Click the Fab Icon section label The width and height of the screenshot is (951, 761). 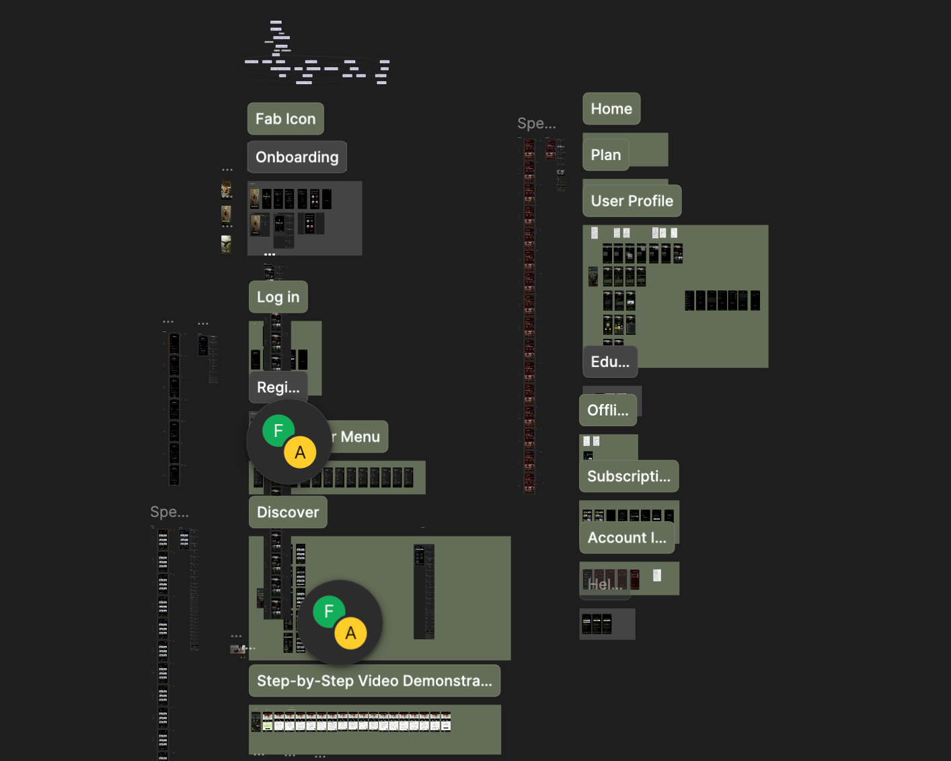(x=285, y=119)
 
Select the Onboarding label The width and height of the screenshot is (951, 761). (x=297, y=157)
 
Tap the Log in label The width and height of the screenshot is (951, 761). (x=278, y=297)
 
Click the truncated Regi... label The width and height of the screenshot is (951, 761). (x=278, y=387)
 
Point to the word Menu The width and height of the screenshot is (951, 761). (x=360, y=437)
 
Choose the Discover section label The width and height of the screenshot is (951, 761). (x=288, y=512)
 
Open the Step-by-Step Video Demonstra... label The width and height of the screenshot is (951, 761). (x=374, y=681)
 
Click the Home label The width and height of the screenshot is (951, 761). (x=611, y=109)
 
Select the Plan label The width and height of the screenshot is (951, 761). (x=605, y=155)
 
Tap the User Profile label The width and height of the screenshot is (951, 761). (x=632, y=201)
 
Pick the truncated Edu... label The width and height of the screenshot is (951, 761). (x=609, y=362)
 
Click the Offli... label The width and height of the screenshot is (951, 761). (x=607, y=410)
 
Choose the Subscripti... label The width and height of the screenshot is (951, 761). (x=628, y=477)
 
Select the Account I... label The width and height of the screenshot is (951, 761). (x=626, y=538)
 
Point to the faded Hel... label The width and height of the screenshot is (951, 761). (x=605, y=584)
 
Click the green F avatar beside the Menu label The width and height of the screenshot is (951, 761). (x=278, y=431)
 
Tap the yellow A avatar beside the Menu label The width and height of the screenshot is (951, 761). (x=300, y=452)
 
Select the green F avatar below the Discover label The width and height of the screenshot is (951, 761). (x=329, y=612)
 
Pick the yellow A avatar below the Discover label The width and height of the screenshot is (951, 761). (x=350, y=633)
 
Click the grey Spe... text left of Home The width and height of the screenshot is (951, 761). (x=536, y=124)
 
